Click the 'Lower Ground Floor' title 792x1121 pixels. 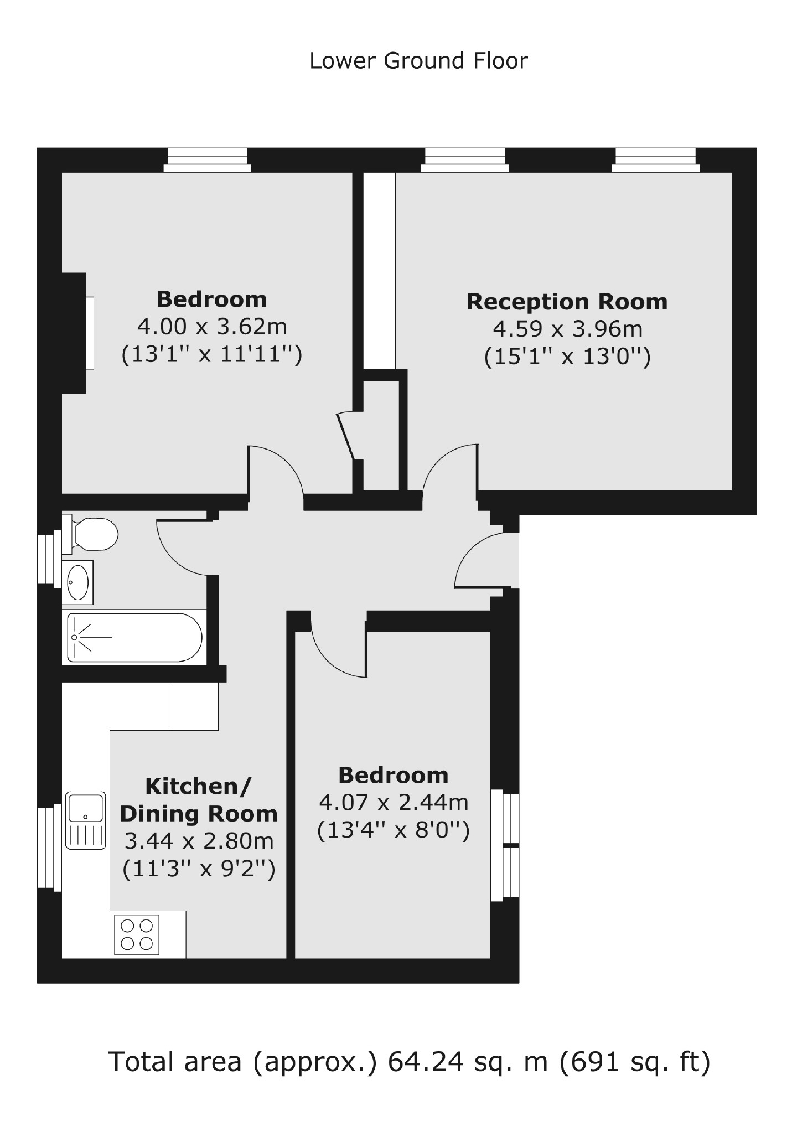(418, 61)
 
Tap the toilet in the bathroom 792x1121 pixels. (93, 534)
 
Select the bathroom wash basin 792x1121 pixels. (77, 582)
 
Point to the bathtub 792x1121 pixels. (134, 637)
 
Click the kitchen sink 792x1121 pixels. (85, 820)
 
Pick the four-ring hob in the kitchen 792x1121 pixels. (137, 934)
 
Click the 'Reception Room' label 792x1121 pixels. (567, 302)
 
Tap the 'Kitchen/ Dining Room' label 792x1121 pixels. (199, 800)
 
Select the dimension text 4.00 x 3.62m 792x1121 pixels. (212, 327)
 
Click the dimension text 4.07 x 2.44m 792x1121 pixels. (394, 802)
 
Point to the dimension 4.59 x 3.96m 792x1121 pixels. (567, 329)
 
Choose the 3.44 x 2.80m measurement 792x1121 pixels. (199, 841)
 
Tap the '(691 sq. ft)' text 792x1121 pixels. (635, 1061)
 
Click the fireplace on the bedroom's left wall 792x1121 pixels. (77, 333)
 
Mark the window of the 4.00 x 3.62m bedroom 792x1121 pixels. (208, 160)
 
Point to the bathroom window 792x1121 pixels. (49, 558)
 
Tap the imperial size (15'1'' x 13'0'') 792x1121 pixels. (567, 357)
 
